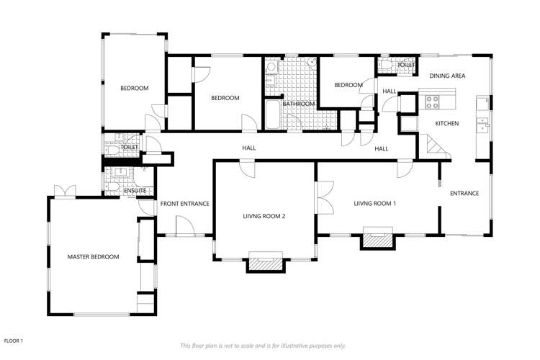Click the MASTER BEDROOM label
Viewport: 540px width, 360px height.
tap(93, 257)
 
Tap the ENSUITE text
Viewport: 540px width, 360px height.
tap(135, 191)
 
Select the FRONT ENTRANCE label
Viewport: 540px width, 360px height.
tap(184, 204)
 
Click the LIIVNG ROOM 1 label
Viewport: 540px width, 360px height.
tap(374, 203)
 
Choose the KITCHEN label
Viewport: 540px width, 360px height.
tap(446, 124)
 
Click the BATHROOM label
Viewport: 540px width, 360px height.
tap(298, 104)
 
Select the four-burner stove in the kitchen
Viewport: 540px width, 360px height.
tap(433, 102)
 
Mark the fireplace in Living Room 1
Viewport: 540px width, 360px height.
tap(378, 239)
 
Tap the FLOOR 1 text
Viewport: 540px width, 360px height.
tap(14, 340)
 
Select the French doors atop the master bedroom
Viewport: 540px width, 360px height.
tap(64, 191)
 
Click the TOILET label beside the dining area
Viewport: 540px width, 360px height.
tap(406, 66)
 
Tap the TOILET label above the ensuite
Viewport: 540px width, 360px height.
tap(130, 147)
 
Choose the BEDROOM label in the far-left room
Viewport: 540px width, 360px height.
tap(134, 88)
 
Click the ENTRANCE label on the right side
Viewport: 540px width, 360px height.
tap(464, 193)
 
